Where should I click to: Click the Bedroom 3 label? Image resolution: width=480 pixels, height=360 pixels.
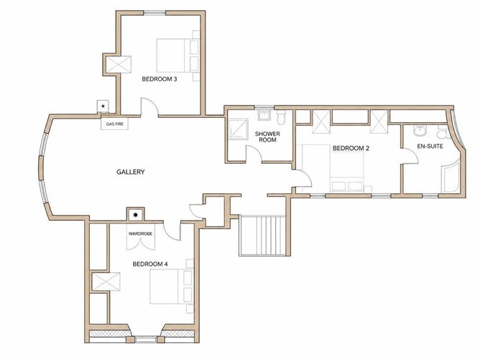click(160, 79)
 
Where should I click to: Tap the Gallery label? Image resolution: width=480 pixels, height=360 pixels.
click(130, 172)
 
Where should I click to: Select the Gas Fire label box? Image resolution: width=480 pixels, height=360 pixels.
click(114, 124)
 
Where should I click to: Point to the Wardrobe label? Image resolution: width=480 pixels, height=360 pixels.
click(140, 234)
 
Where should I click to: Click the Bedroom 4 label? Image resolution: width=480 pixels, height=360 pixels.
click(150, 264)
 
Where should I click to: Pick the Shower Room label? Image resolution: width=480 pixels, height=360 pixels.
click(267, 137)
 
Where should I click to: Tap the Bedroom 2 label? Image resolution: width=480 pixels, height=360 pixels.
click(351, 148)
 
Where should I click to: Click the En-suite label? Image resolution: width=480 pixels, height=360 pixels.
click(430, 147)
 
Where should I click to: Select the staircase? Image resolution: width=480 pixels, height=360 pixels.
click(263, 235)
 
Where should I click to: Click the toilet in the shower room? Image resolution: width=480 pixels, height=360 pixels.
click(281, 117)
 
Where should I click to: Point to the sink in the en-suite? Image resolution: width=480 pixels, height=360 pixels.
click(419, 130)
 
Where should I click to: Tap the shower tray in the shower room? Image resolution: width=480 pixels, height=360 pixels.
click(238, 129)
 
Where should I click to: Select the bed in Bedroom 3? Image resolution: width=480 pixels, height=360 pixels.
click(178, 55)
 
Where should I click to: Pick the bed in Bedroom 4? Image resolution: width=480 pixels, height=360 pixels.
click(172, 286)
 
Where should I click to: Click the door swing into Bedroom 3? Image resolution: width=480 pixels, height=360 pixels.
click(149, 107)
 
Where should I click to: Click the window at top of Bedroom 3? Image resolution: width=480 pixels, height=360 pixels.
click(154, 13)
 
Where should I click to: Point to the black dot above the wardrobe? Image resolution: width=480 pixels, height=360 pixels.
click(136, 215)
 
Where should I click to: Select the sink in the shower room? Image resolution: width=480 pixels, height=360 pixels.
click(263, 116)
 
